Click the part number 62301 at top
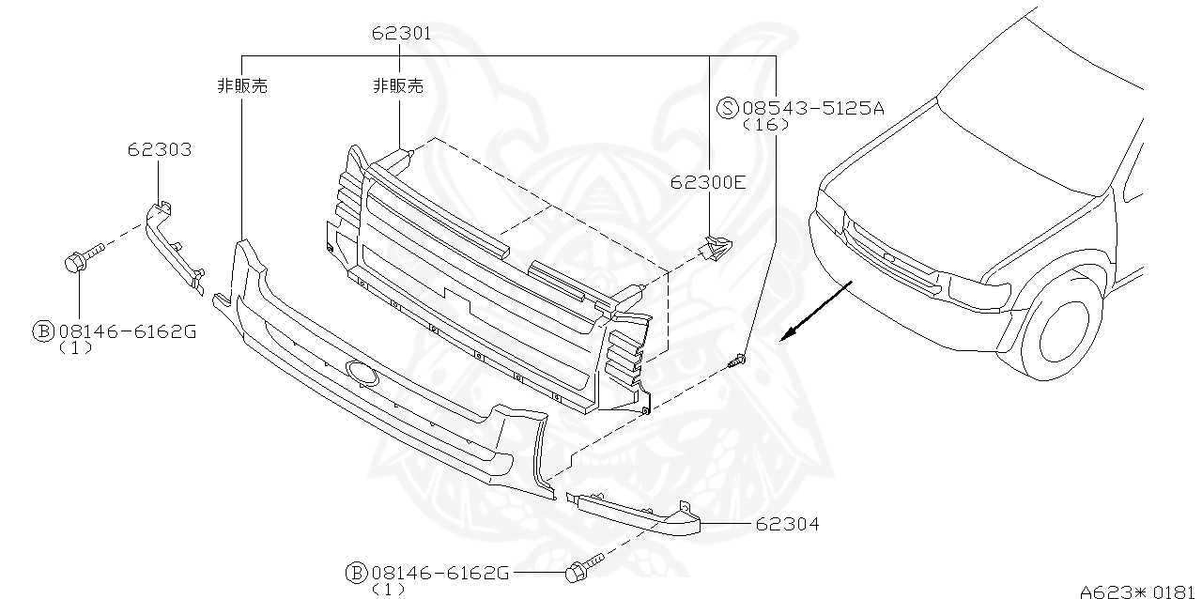coord(401,34)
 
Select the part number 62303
coord(160,149)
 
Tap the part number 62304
coord(787,525)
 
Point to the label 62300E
coord(708,182)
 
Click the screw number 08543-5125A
coord(813,108)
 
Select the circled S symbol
coord(728,108)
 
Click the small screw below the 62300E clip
coord(739,359)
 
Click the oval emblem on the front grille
coord(362,374)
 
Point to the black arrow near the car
coord(816,310)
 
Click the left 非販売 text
coord(242,86)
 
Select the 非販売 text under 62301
coord(398,86)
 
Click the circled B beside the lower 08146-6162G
coord(356,572)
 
